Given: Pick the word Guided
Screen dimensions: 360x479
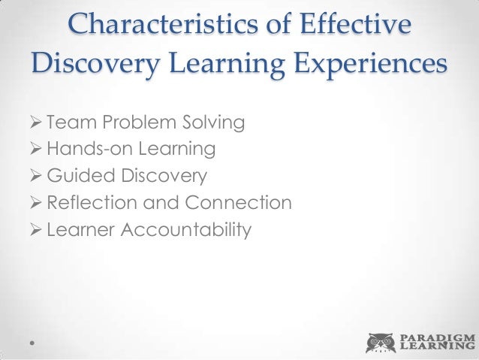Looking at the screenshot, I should click(76, 177).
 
